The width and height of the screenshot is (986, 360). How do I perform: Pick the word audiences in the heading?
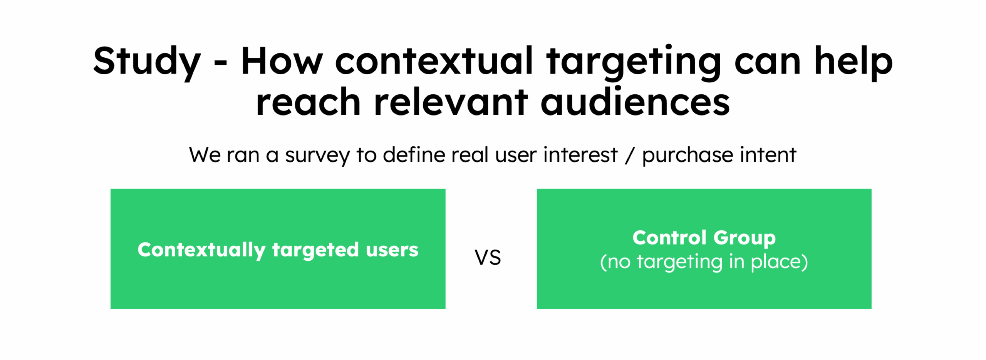pyautogui.click(x=635, y=101)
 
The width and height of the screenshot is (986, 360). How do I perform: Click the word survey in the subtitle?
pyautogui.click(x=317, y=156)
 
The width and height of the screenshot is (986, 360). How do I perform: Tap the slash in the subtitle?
pyautogui.click(x=629, y=155)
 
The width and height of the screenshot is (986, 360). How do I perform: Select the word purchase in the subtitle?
pyautogui.click(x=687, y=156)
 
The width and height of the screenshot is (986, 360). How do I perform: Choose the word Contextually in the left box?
pyautogui.click(x=201, y=250)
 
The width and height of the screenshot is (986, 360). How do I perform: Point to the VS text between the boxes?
pyautogui.click(x=488, y=257)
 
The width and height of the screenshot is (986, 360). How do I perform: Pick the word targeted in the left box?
pyautogui.click(x=315, y=250)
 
